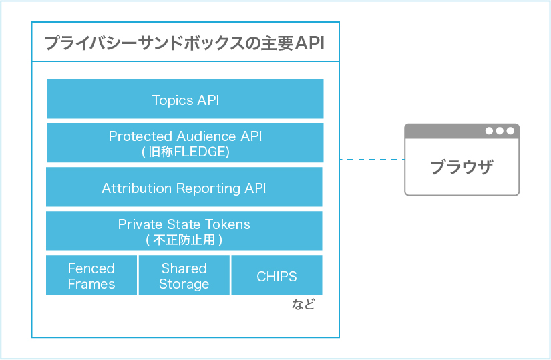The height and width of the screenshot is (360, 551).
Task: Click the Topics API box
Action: tap(185, 100)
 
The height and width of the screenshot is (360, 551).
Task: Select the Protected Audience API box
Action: tap(185, 142)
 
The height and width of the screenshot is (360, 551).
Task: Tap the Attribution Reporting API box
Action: tap(184, 188)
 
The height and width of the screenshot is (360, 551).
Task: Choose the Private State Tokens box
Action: tap(184, 230)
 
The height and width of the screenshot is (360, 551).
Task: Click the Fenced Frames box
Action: tap(91, 275)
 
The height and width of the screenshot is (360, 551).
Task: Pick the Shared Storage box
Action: tap(184, 275)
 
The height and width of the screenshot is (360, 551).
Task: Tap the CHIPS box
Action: tap(277, 276)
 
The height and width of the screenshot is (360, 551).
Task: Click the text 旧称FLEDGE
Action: tap(187, 152)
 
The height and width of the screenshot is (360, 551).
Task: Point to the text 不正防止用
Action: tap(184, 239)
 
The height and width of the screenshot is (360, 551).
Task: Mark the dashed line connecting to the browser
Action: tap(371, 160)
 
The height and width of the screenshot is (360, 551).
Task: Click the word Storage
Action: tap(184, 283)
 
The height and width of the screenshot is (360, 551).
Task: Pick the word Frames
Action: tap(91, 283)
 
